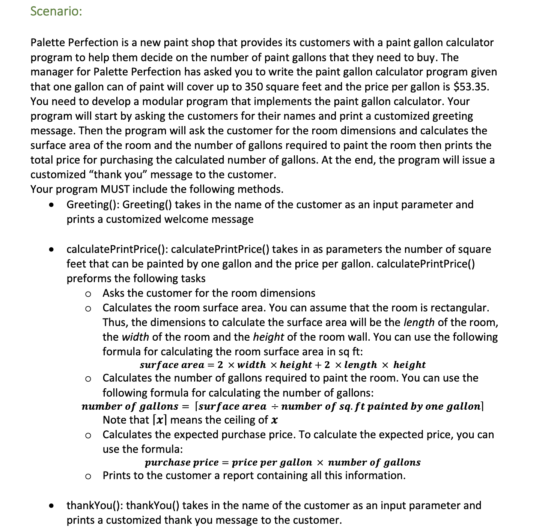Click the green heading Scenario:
(56, 11)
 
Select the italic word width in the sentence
(135, 337)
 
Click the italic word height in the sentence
(268, 337)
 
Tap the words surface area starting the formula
(172, 365)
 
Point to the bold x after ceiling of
(275, 420)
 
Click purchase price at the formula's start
(182, 462)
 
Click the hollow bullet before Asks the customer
(88, 294)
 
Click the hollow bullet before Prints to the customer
(88, 476)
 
